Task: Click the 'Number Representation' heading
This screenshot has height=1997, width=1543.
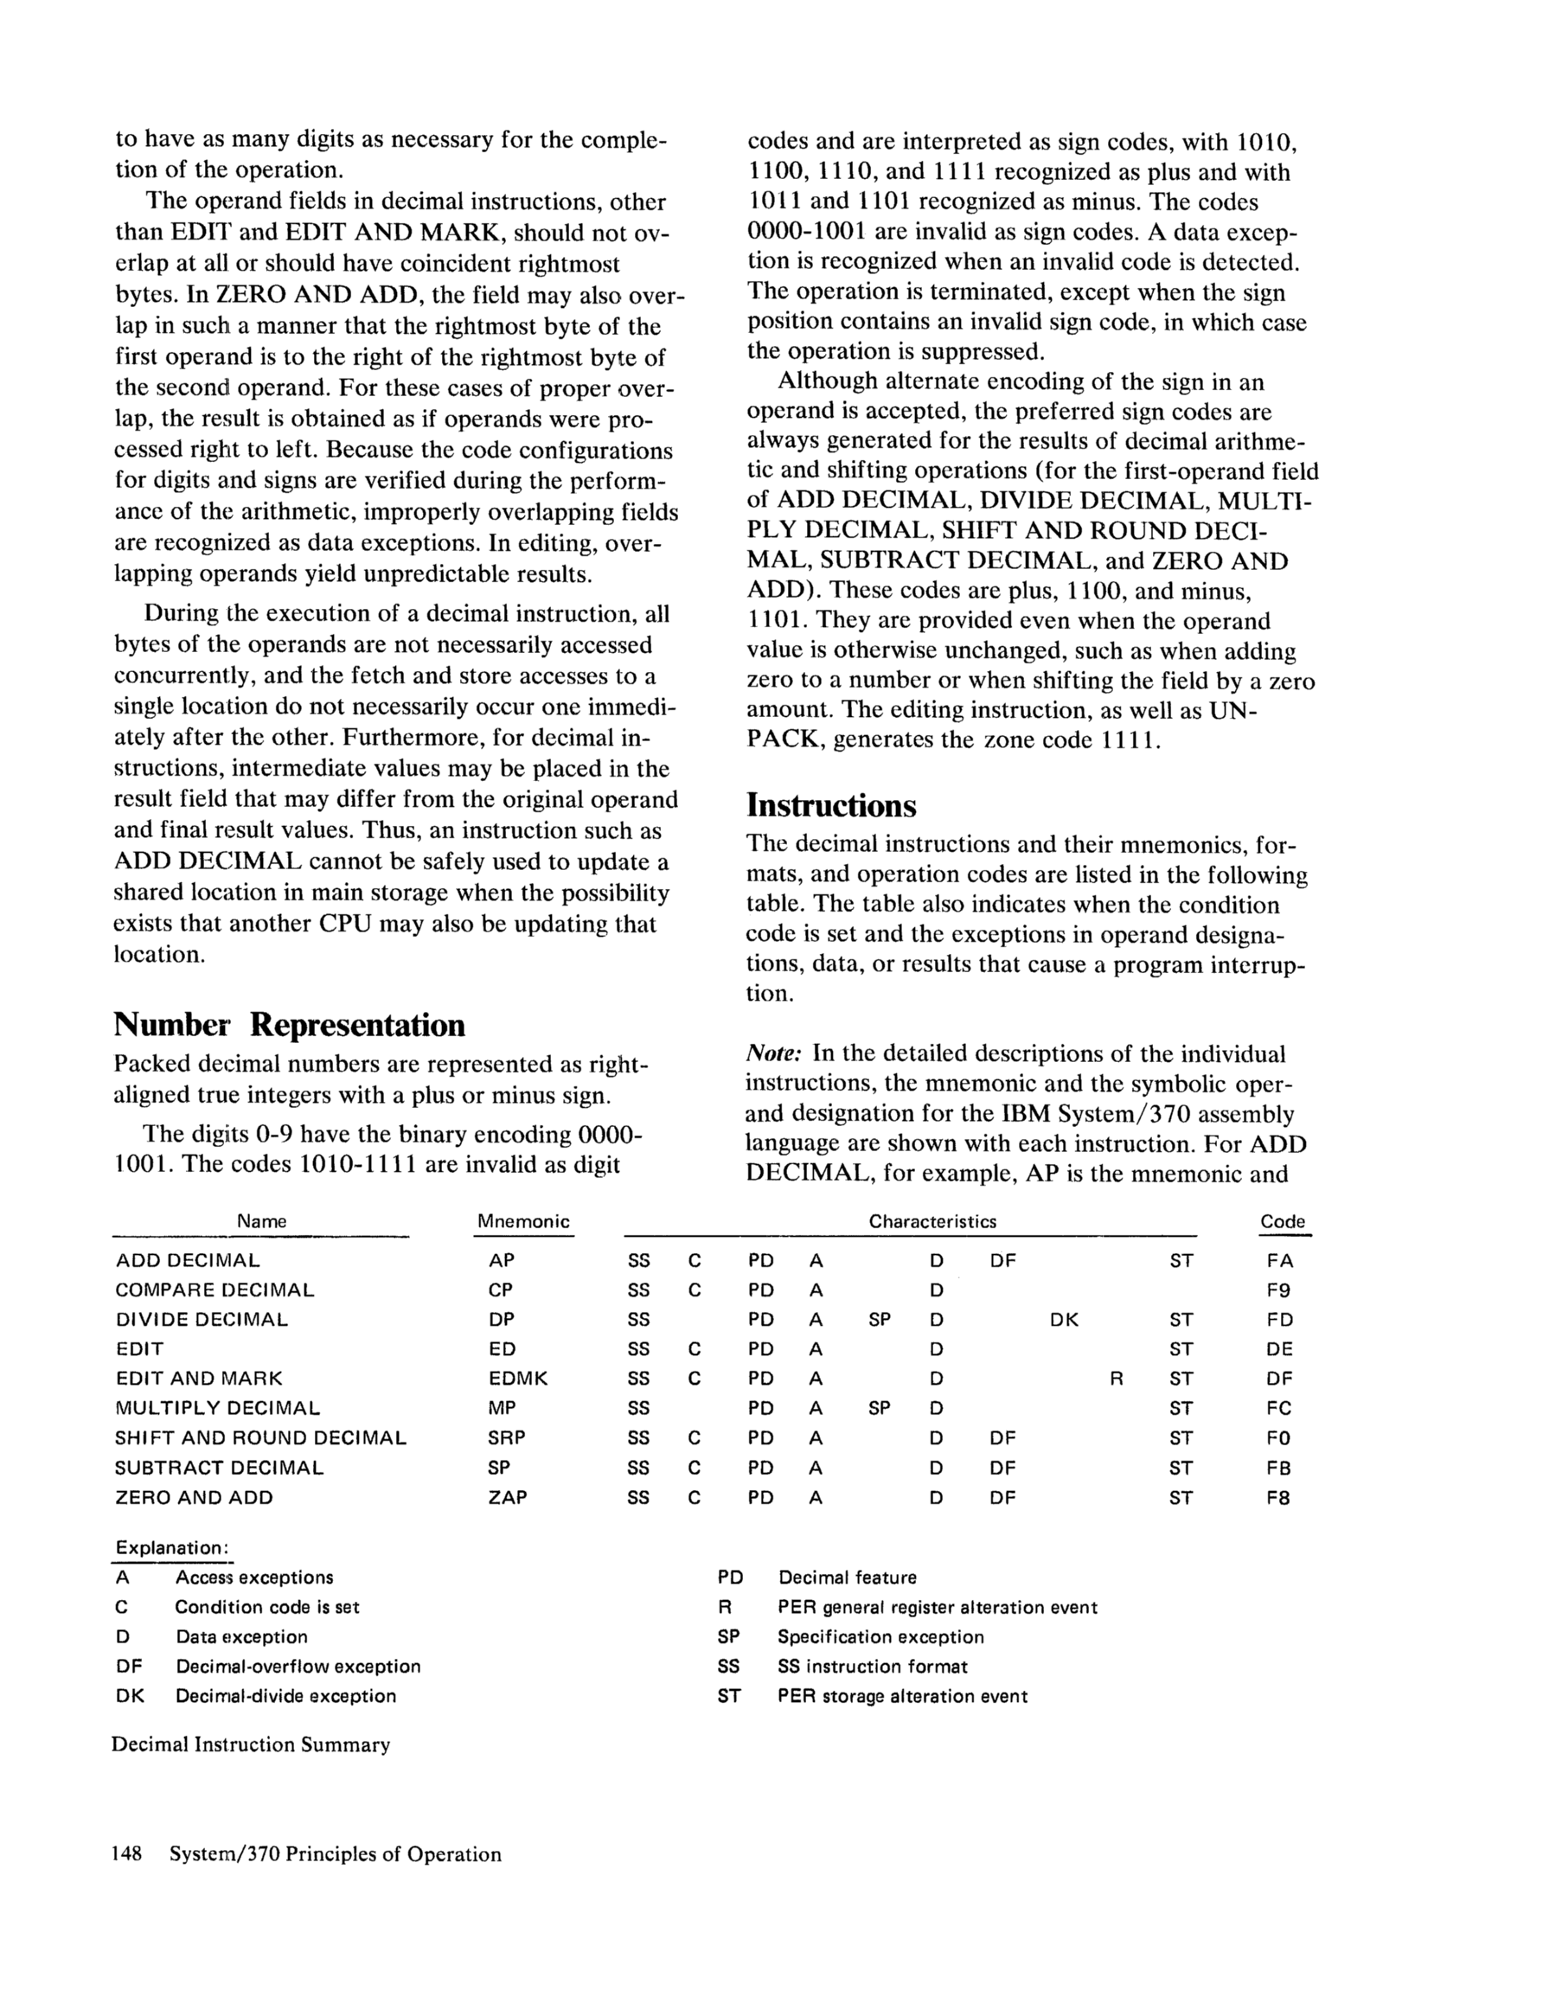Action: pyautogui.click(x=289, y=1025)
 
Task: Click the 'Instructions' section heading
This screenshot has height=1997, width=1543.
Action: pyautogui.click(x=830, y=805)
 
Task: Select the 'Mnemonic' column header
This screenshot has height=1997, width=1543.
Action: pyautogui.click(x=523, y=1221)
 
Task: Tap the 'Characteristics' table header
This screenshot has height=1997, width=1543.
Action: pyautogui.click(x=932, y=1221)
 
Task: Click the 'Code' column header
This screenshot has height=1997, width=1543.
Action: pyautogui.click(x=1283, y=1221)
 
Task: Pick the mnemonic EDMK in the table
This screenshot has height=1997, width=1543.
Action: pyautogui.click(x=518, y=1379)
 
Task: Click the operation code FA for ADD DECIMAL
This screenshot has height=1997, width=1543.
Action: pyautogui.click(x=1279, y=1261)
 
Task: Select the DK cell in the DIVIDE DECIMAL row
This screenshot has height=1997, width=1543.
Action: pyautogui.click(x=1064, y=1321)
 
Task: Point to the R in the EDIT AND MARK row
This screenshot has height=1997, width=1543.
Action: pyautogui.click(x=1116, y=1379)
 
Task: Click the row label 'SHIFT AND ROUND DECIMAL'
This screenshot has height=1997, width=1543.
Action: pyautogui.click(x=260, y=1438)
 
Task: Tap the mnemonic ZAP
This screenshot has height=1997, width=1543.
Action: pyautogui.click(x=508, y=1498)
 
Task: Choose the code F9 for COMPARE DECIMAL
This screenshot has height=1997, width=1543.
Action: pyautogui.click(x=1278, y=1291)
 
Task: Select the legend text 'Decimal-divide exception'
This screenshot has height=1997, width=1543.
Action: pyautogui.click(x=285, y=1696)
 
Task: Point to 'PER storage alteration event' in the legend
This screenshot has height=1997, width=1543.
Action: pyautogui.click(x=902, y=1696)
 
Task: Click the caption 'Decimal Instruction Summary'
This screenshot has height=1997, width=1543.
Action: pyautogui.click(x=251, y=1744)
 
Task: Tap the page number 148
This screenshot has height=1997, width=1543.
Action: pyautogui.click(x=126, y=1854)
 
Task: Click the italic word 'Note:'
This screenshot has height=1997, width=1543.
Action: pyautogui.click(x=774, y=1053)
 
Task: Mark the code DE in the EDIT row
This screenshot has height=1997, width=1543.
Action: pyautogui.click(x=1278, y=1349)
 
